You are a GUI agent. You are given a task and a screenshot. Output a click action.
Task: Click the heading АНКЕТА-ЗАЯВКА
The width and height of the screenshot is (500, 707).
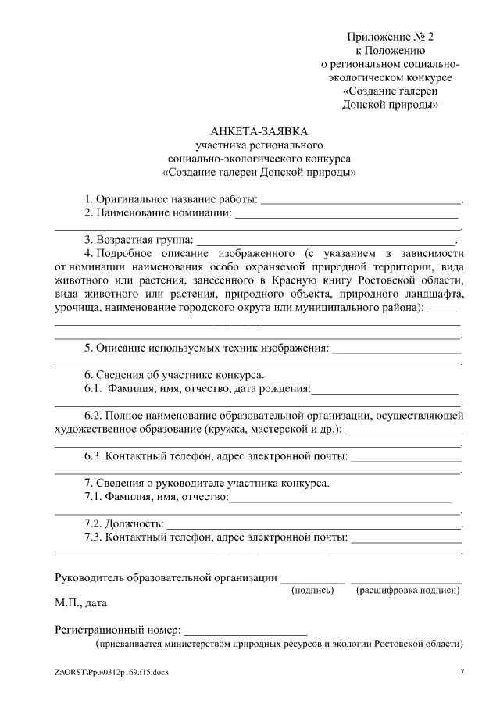tap(259, 131)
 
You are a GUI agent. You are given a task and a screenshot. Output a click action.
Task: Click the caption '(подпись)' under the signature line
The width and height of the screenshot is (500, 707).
tap(312, 591)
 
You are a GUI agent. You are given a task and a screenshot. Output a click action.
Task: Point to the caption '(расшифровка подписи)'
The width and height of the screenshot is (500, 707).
tap(407, 591)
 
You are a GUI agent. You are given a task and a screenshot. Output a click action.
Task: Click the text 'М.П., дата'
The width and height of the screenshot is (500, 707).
tap(81, 603)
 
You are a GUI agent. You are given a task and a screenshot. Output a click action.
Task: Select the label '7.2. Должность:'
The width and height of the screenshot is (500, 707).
tap(124, 523)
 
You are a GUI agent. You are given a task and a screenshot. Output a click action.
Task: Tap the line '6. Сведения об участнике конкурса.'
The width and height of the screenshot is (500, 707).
tap(174, 374)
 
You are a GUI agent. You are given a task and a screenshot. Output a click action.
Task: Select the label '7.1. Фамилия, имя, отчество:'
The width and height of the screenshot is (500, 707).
tap(156, 496)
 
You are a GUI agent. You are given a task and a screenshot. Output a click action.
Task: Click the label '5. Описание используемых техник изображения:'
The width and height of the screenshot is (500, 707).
tap(206, 348)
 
